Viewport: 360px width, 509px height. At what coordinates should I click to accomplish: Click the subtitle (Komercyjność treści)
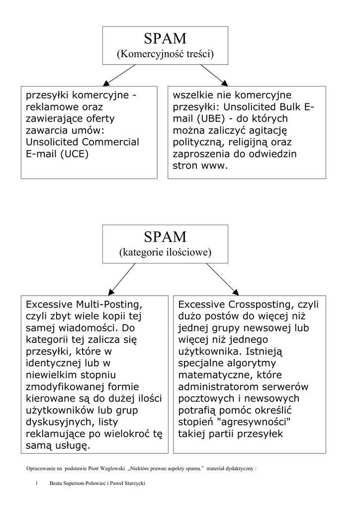[x=165, y=54]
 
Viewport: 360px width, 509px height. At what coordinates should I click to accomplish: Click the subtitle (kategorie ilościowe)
[x=165, y=253]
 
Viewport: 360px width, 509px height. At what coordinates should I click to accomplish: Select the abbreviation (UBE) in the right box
[x=215, y=118]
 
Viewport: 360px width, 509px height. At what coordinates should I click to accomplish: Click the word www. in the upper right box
[x=214, y=166]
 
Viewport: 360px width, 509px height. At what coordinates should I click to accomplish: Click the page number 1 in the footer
[x=37, y=483]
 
